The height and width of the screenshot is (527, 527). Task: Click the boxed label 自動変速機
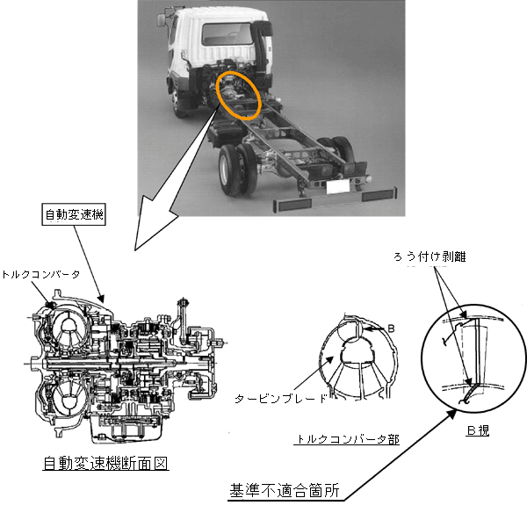click(74, 214)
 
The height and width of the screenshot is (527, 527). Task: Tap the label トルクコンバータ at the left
click(41, 275)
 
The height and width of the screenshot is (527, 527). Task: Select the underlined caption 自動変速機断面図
click(105, 463)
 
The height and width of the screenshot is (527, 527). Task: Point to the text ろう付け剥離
click(430, 256)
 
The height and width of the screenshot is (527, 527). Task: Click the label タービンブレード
click(281, 399)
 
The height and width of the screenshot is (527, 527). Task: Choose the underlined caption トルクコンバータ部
click(347, 439)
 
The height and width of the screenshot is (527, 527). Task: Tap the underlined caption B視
click(478, 430)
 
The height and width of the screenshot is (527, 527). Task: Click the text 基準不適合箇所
click(285, 491)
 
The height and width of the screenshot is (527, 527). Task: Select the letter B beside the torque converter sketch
click(391, 328)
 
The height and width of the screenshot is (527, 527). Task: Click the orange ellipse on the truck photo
click(239, 95)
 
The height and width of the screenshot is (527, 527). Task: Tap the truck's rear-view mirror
click(162, 19)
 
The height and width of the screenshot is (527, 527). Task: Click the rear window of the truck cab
click(227, 34)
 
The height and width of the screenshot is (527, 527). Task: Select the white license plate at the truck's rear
click(338, 186)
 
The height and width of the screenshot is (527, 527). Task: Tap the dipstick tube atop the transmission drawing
click(184, 320)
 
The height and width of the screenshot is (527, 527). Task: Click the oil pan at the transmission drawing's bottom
click(126, 430)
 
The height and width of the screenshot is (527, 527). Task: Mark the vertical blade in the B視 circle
click(477, 350)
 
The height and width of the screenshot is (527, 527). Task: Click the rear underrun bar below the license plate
click(336, 199)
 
